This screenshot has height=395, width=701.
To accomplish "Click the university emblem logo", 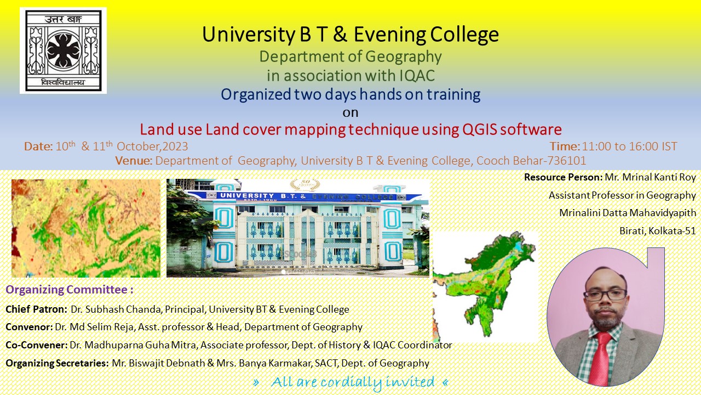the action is click(x=63, y=50).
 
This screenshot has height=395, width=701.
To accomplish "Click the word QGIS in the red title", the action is click(x=479, y=129).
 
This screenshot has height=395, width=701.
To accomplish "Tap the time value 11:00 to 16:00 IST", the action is click(x=629, y=146).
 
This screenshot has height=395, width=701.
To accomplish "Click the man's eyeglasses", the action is click(x=605, y=295).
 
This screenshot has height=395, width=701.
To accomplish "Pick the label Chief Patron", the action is click(x=36, y=309).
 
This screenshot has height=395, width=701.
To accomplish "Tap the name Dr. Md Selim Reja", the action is click(x=95, y=327).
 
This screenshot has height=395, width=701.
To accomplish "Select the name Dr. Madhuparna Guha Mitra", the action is click(x=133, y=345).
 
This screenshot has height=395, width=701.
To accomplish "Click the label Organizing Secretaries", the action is click(x=58, y=363).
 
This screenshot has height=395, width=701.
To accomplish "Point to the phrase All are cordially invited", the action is click(x=352, y=382).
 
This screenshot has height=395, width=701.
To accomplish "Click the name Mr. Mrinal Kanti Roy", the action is click(x=650, y=177).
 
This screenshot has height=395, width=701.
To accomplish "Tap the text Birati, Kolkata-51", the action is click(x=658, y=231).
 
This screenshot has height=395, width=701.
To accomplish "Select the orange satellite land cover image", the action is click(x=86, y=228).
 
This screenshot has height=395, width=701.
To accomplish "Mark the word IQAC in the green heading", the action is click(x=417, y=76).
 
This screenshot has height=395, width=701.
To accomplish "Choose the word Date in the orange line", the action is click(x=38, y=146).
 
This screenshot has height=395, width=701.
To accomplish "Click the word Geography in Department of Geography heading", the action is click(x=404, y=57).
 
